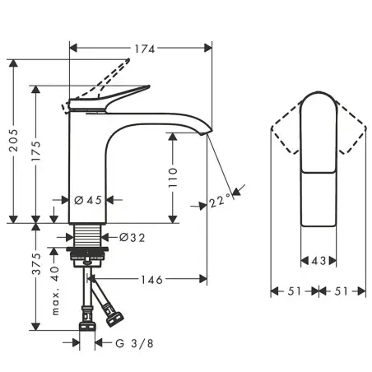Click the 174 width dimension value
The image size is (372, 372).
click(x=145, y=49)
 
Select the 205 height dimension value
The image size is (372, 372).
click(x=13, y=140)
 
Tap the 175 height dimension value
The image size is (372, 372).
click(x=36, y=151)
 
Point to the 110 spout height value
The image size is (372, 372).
click(x=173, y=178)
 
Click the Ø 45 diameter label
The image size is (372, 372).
click(x=88, y=200)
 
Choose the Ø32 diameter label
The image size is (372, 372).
click(x=132, y=237)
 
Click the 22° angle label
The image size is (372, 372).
click(x=220, y=201)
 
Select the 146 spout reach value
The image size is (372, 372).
click(x=151, y=280)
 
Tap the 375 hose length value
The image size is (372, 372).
click(x=36, y=263)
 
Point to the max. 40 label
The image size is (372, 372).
click(x=55, y=290)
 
